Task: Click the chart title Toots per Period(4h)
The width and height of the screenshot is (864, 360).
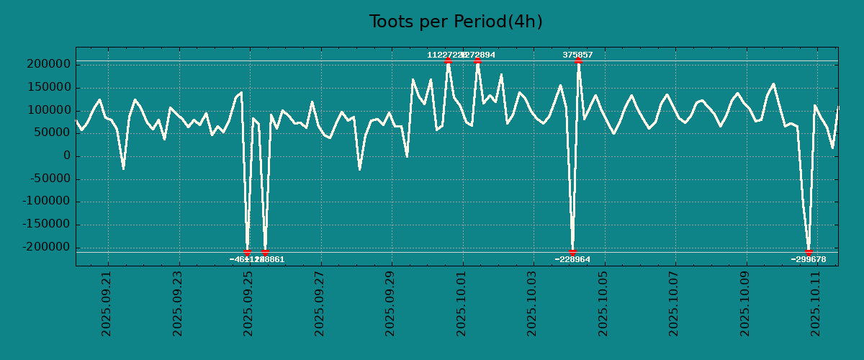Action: coord(456,22)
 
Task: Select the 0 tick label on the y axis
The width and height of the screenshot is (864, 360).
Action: coord(66,156)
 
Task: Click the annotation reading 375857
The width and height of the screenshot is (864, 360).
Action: coord(577,55)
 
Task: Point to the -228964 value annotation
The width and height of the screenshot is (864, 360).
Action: coord(572,259)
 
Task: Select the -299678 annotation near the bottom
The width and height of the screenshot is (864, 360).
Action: coord(808,259)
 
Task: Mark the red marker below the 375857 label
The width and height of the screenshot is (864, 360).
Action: coord(578,61)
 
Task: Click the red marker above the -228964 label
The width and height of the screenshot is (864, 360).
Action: coord(572,252)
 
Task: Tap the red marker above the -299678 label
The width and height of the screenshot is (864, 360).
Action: coord(809,252)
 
